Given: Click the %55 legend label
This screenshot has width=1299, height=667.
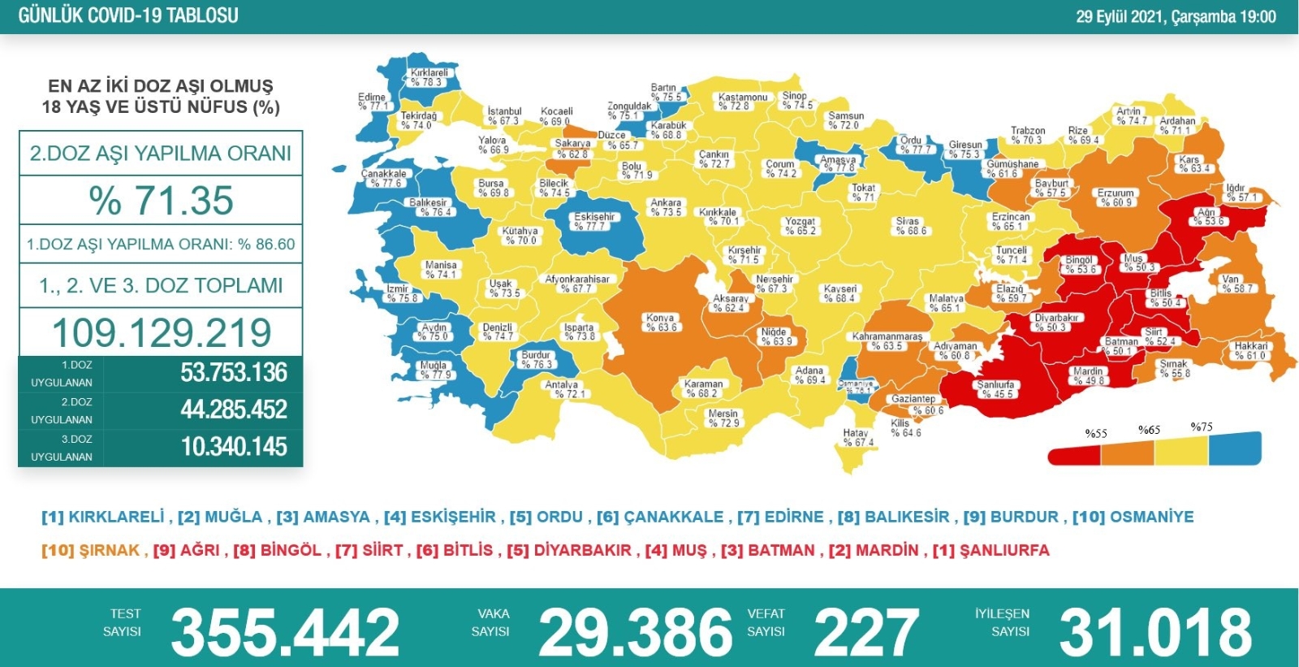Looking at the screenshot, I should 1096,433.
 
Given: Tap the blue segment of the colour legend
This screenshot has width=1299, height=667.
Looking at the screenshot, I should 1234,448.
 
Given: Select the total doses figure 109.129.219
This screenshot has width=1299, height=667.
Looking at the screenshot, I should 161,332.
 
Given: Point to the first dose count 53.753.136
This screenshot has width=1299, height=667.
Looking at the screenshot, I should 234,373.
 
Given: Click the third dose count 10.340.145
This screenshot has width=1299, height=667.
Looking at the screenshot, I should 234,447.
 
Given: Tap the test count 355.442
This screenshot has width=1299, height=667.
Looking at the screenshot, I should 285,632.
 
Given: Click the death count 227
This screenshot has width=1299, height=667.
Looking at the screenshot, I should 866,632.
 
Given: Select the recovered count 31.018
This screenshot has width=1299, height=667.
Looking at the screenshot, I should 1155,632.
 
